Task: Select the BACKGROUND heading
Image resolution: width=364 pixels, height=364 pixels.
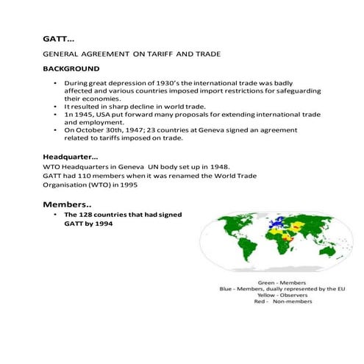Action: pyautogui.click(x=71, y=68)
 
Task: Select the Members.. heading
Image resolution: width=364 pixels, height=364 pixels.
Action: pyautogui.click(x=66, y=203)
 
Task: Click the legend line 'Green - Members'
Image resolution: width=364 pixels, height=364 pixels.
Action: pyautogui.click(x=282, y=282)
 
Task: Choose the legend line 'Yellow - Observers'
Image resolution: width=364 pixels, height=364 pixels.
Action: pyautogui.click(x=282, y=296)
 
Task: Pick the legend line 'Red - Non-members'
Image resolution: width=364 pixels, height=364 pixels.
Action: pyautogui.click(x=282, y=302)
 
